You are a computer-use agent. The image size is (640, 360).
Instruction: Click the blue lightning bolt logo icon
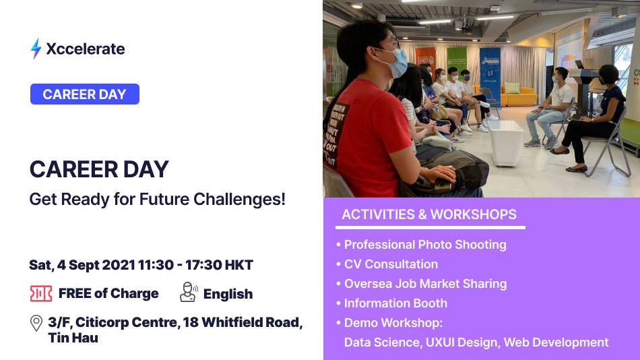[36, 49]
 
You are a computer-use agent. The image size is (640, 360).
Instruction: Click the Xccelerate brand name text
[86, 49]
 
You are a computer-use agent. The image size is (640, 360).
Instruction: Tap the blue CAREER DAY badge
[85, 94]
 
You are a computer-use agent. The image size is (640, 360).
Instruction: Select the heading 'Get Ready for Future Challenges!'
[157, 200]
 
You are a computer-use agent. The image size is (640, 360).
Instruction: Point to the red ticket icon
[41, 293]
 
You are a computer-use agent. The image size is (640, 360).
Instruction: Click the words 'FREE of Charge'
[108, 293]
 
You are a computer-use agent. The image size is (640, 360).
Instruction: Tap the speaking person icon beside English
[188, 293]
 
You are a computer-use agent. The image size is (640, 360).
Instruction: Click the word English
[228, 294]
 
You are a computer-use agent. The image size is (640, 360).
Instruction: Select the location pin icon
[37, 323]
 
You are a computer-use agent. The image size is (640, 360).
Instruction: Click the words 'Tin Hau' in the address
[73, 338]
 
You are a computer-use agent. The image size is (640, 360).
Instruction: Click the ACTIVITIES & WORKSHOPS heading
[429, 215]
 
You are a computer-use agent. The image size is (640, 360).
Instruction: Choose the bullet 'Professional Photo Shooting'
[424, 245]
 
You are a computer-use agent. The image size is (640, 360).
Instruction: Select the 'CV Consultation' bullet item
[391, 264]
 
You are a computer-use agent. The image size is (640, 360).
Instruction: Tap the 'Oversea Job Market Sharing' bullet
[425, 284]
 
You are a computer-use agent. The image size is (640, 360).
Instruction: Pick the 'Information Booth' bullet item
[395, 303]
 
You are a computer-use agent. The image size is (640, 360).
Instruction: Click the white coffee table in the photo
[506, 142]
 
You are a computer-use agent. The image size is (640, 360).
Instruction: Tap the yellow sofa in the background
[515, 95]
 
